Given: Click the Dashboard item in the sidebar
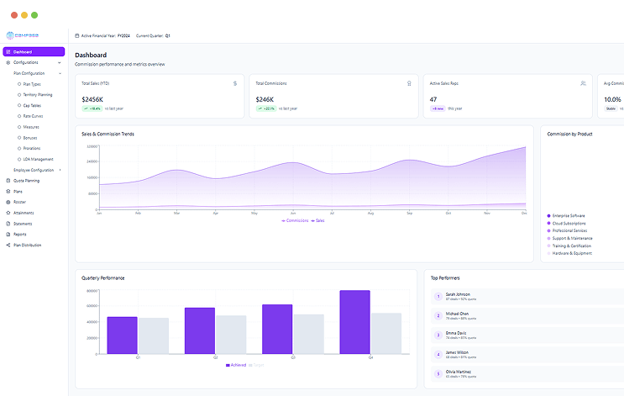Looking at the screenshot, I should tap(23, 52).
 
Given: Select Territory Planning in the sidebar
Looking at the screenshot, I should tap(38, 95).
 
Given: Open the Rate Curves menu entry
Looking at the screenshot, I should tap(34, 116).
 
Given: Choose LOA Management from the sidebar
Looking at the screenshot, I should tap(39, 159).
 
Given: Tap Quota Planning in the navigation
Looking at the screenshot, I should tap(26, 181).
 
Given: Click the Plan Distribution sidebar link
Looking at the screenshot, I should tap(27, 245).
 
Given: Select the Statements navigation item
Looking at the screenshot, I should tap(23, 224).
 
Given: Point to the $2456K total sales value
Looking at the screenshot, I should tap(93, 99).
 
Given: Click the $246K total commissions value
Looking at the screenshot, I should tap(266, 99).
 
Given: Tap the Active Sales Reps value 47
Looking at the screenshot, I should tap(433, 99).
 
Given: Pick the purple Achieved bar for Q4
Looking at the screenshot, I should tap(354, 322).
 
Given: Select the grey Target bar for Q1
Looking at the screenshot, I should tap(154, 335).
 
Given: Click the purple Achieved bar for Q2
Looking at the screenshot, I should tap(200, 330).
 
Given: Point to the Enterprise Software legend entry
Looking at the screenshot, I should tap(569, 216).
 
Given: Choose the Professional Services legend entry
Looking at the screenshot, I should tap(569, 230).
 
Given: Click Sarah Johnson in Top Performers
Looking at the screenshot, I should tap(458, 294).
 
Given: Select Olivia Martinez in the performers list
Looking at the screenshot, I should tap(459, 371).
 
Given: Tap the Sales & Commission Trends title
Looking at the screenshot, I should tap(107, 134).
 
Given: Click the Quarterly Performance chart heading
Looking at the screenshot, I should tap(103, 277).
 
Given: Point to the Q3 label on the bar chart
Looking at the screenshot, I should tap(293, 357).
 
